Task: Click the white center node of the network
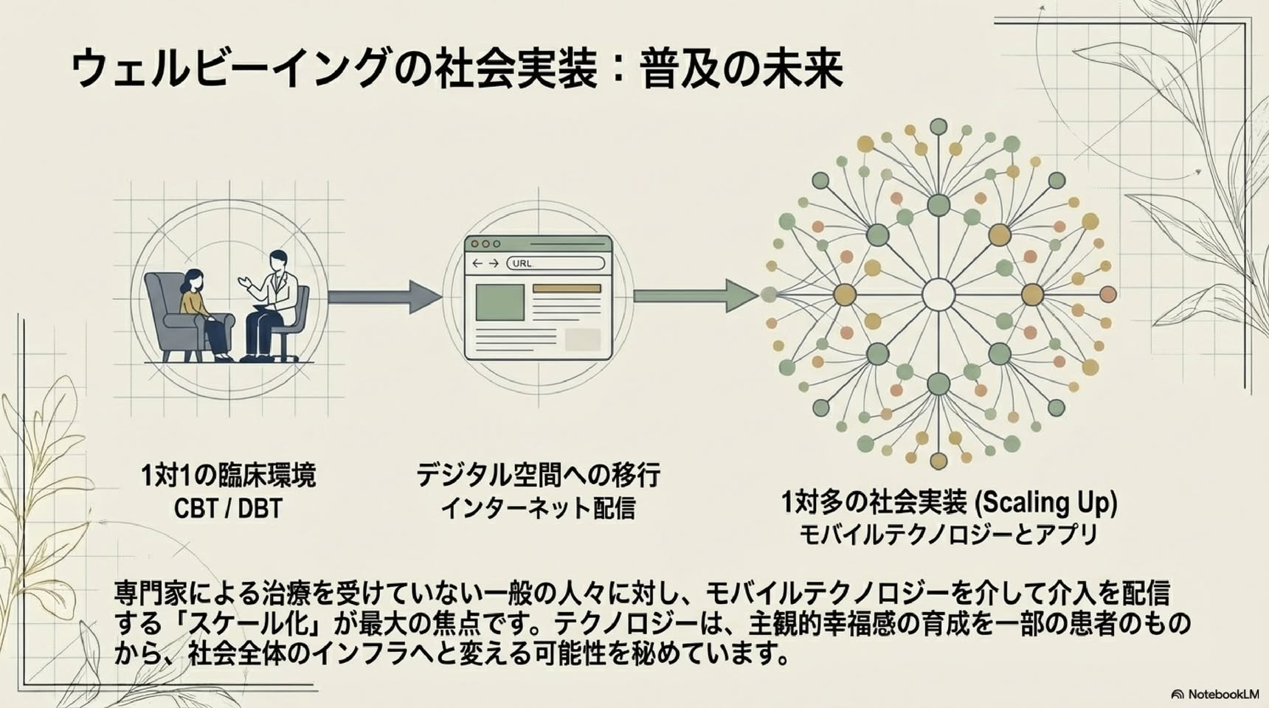coord(938,295)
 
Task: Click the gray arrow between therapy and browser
coord(384,296)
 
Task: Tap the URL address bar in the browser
coord(556,263)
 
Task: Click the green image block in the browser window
coord(499,302)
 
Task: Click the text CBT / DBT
coord(228,508)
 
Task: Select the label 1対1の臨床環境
coord(228,475)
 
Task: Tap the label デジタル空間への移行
coord(538,475)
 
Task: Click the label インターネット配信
coord(538,508)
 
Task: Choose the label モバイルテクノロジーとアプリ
coord(949,535)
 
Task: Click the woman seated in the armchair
coord(201,313)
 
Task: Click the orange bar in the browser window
coord(567,288)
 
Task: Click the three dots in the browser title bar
coord(485,243)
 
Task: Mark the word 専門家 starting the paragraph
coord(151,592)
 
